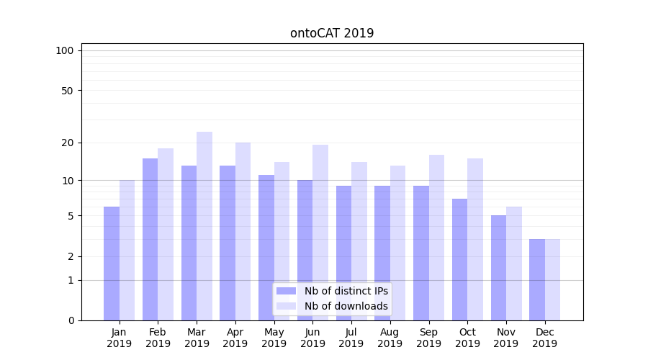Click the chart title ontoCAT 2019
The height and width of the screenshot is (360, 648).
click(332, 33)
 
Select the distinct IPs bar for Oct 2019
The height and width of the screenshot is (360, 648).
click(459, 259)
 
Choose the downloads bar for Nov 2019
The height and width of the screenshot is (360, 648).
click(514, 264)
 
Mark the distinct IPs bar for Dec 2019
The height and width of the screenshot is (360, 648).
click(537, 279)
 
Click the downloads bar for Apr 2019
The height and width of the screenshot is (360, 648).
click(243, 231)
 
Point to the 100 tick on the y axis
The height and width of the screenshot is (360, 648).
click(65, 50)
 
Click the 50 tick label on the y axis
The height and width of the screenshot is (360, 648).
click(67, 91)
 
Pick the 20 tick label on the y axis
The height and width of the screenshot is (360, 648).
click(67, 143)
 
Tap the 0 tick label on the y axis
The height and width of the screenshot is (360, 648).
click(71, 320)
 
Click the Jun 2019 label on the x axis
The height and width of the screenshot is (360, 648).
click(312, 338)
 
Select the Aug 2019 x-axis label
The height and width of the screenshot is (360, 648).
click(390, 338)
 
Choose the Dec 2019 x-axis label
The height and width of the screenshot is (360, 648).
click(545, 338)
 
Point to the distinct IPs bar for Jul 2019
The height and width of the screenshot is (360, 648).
click(343, 253)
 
